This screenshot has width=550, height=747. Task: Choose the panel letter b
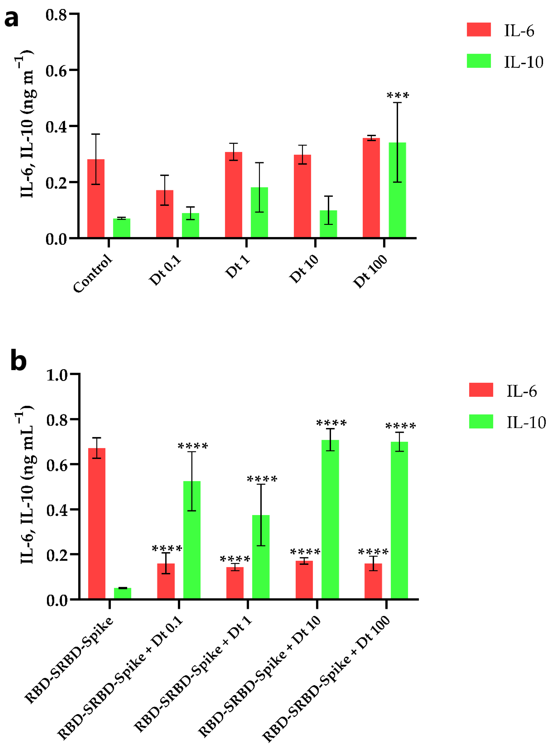18,361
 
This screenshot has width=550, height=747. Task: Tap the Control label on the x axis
93,273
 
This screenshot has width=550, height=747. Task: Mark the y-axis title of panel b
27,486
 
